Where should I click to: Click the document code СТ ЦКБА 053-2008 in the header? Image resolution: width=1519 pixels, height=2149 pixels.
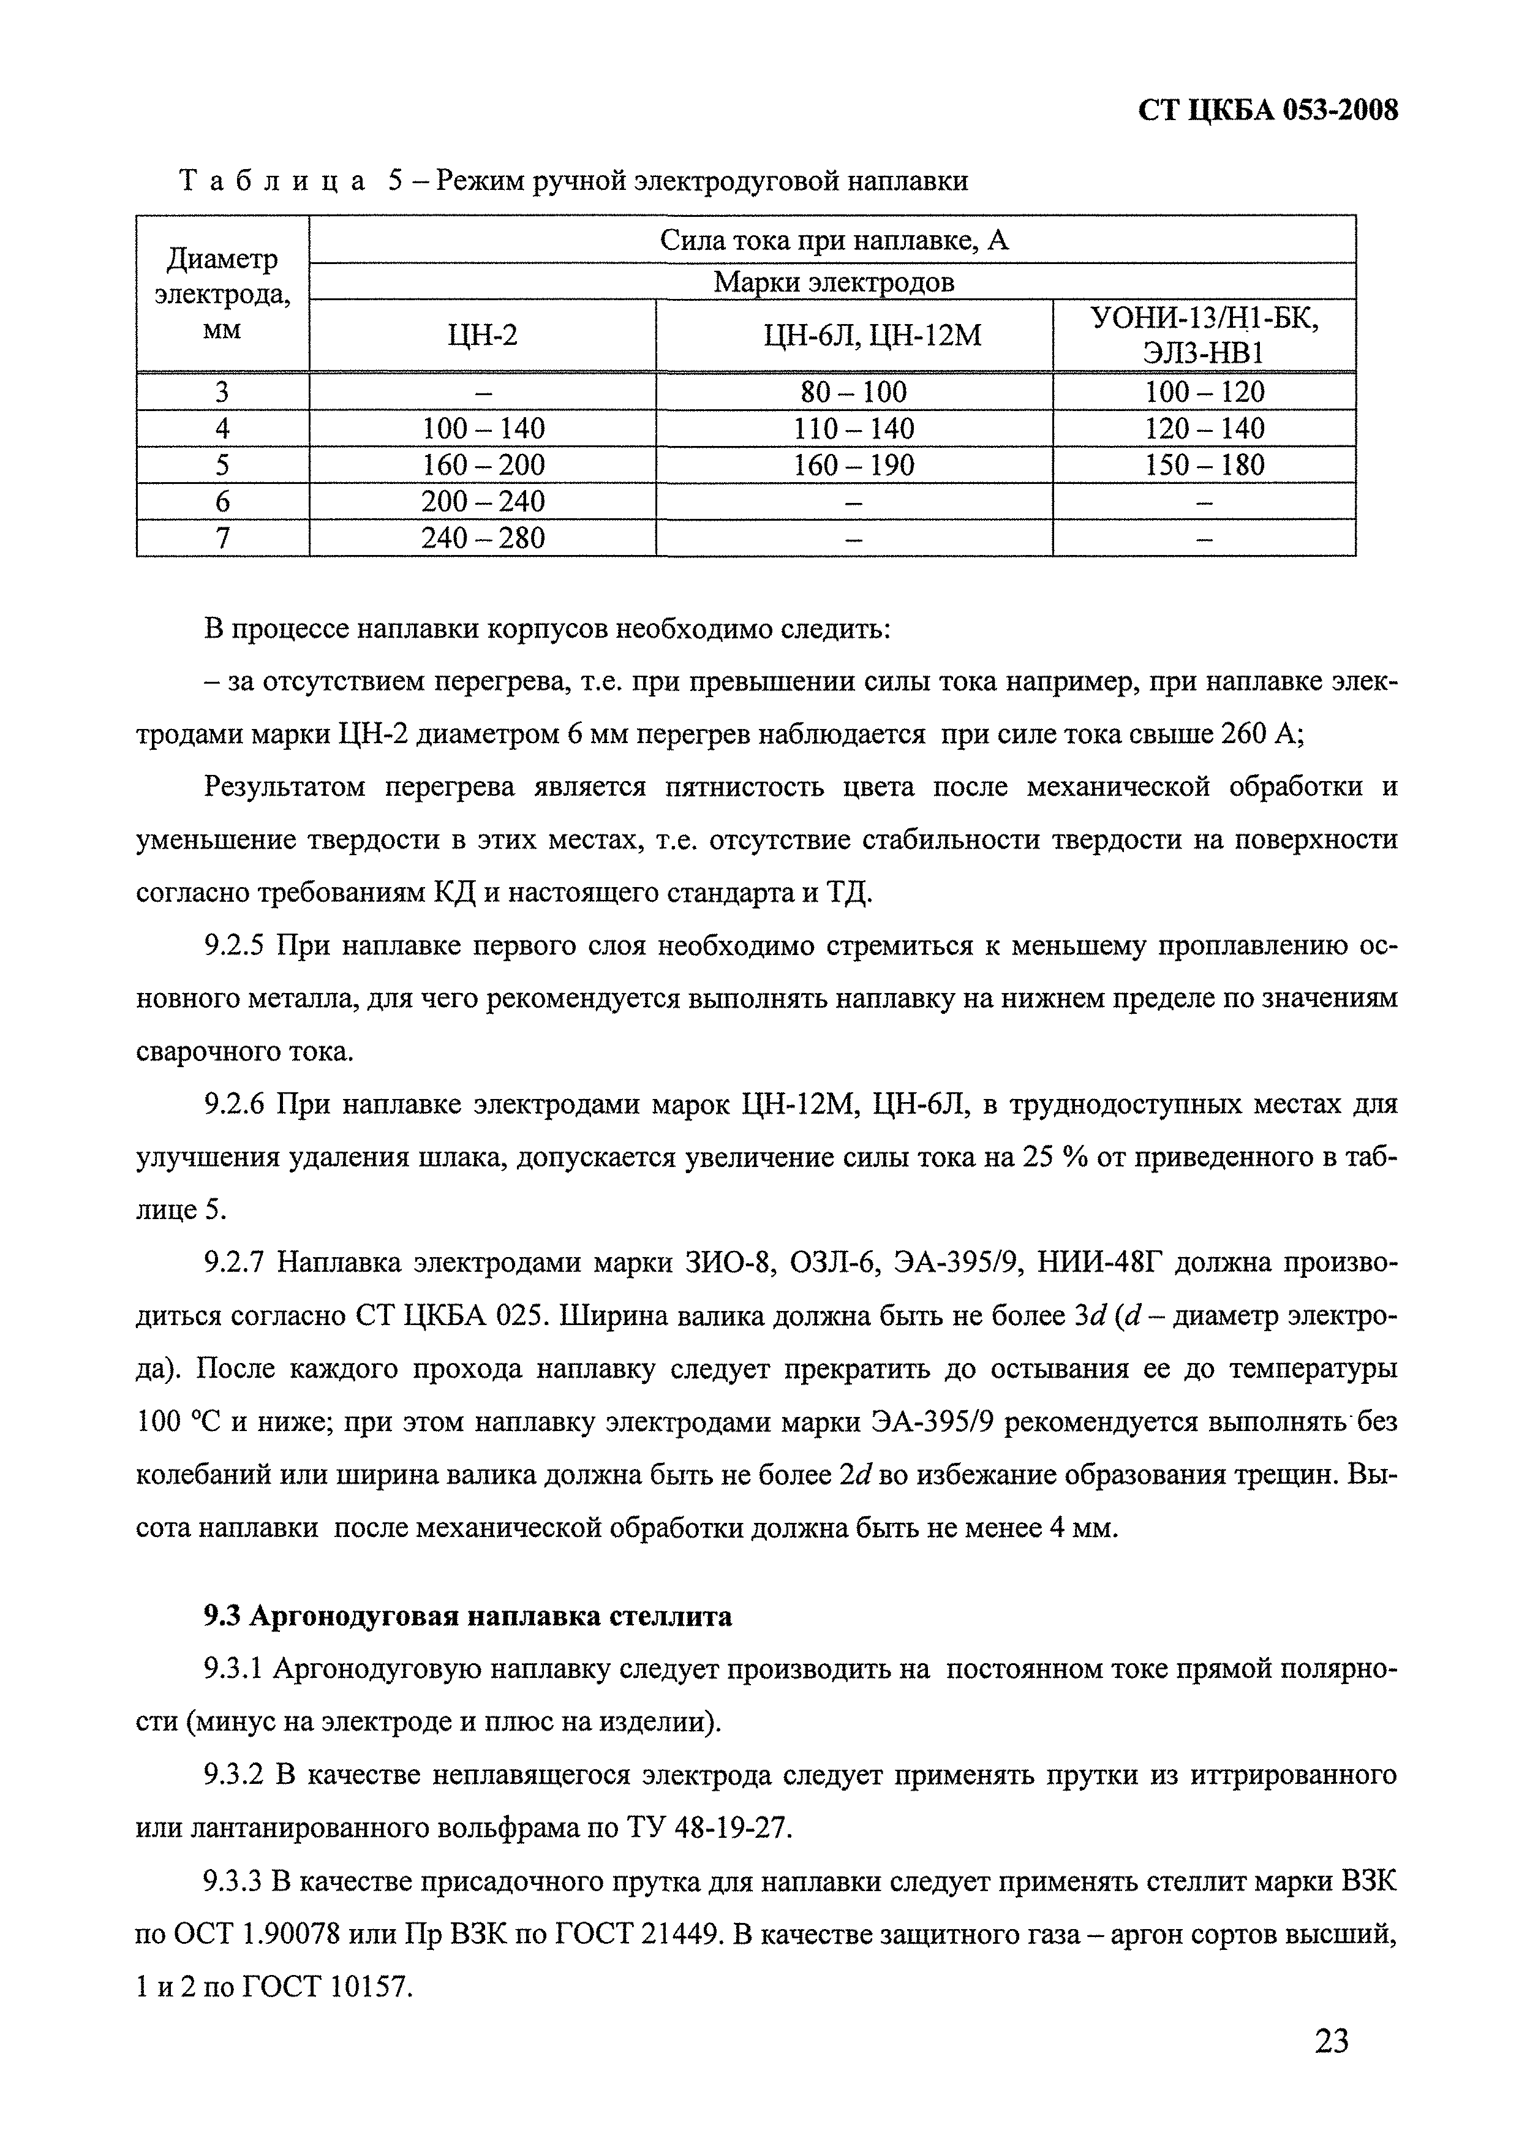1267,110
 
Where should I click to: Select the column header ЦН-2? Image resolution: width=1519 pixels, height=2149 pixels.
482,335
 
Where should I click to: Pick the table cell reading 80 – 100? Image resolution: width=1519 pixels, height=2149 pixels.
854,392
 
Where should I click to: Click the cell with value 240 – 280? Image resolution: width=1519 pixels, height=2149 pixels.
482,538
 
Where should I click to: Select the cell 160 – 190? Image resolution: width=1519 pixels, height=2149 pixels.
854,465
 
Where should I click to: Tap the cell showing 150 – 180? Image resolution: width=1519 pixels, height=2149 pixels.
1205,465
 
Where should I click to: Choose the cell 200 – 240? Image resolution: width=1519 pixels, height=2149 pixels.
482,502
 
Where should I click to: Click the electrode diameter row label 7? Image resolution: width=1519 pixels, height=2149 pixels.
223,538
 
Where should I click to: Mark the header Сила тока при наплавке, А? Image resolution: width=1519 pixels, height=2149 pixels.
833,241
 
